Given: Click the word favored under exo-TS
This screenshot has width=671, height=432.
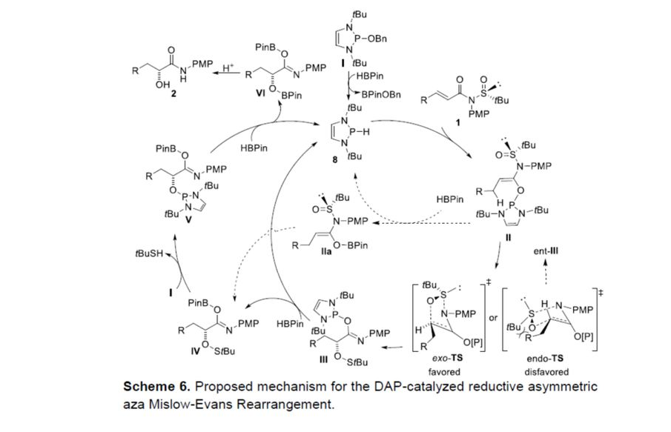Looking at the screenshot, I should pos(444,371).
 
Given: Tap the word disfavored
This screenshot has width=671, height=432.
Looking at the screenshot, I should pos(546,371).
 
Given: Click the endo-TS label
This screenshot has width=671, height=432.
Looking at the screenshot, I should pos(546,359).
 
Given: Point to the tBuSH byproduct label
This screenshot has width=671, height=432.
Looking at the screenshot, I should pos(151,254).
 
